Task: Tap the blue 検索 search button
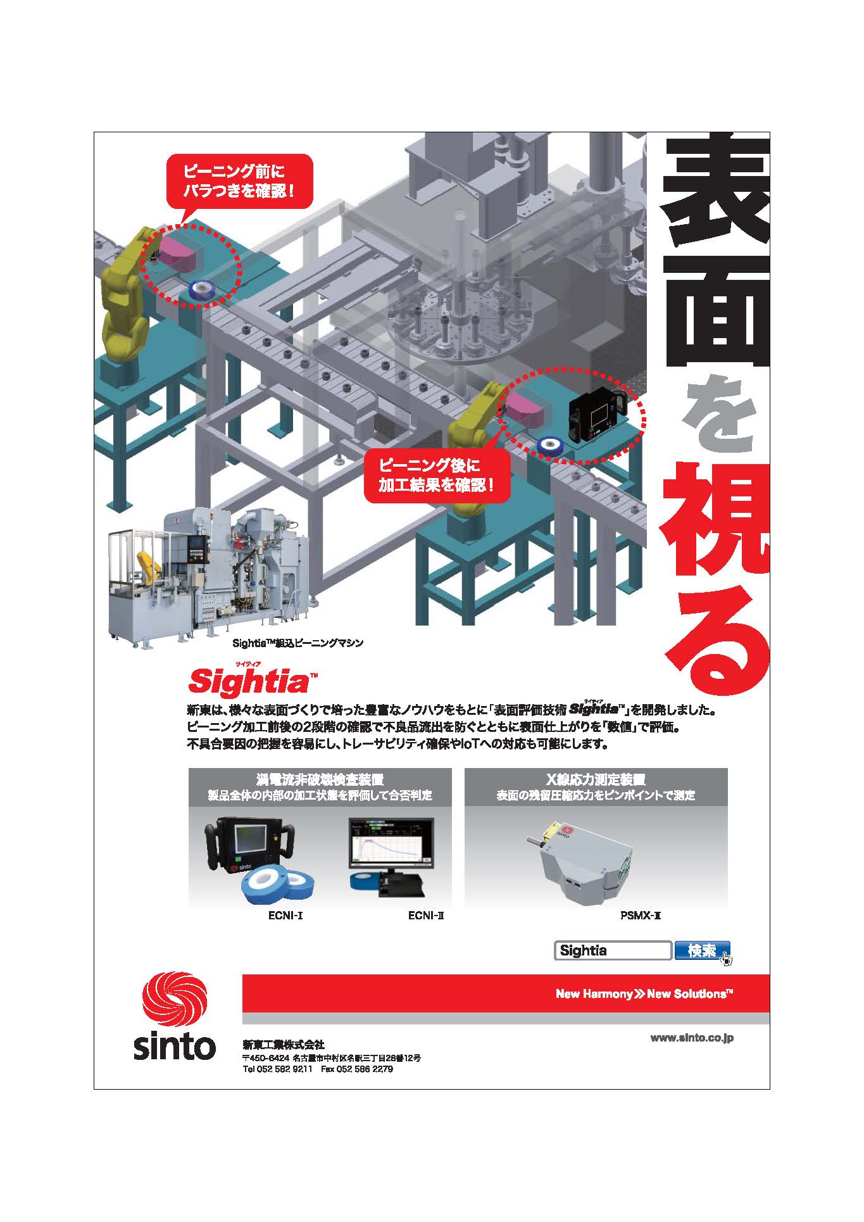point(701,950)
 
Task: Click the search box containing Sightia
point(612,950)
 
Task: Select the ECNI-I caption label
point(285,915)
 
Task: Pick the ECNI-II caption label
point(426,915)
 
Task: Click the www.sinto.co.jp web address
point(692,1038)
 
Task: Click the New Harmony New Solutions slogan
point(644,993)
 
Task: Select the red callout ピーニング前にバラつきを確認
point(239,182)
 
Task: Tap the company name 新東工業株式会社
point(283,1045)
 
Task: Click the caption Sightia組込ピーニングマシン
point(298,643)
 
